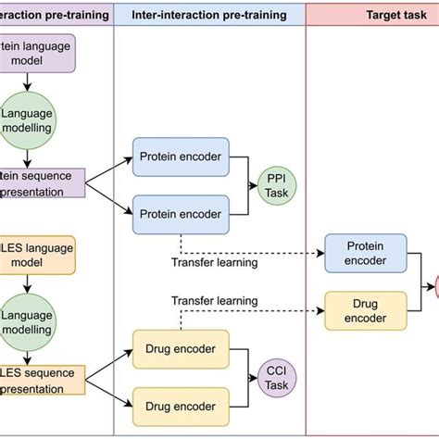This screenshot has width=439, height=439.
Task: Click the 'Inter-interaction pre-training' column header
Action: tap(209, 14)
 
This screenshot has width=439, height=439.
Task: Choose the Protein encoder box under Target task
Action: tap(365, 253)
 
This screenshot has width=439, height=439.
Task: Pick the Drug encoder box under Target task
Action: tap(365, 310)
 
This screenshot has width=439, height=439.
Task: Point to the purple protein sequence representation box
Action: tap(39, 182)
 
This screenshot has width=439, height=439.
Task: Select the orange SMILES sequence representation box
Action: tap(39, 379)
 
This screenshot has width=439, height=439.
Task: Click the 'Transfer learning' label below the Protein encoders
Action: tap(214, 262)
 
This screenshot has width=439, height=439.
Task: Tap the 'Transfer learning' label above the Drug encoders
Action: tap(214, 301)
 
